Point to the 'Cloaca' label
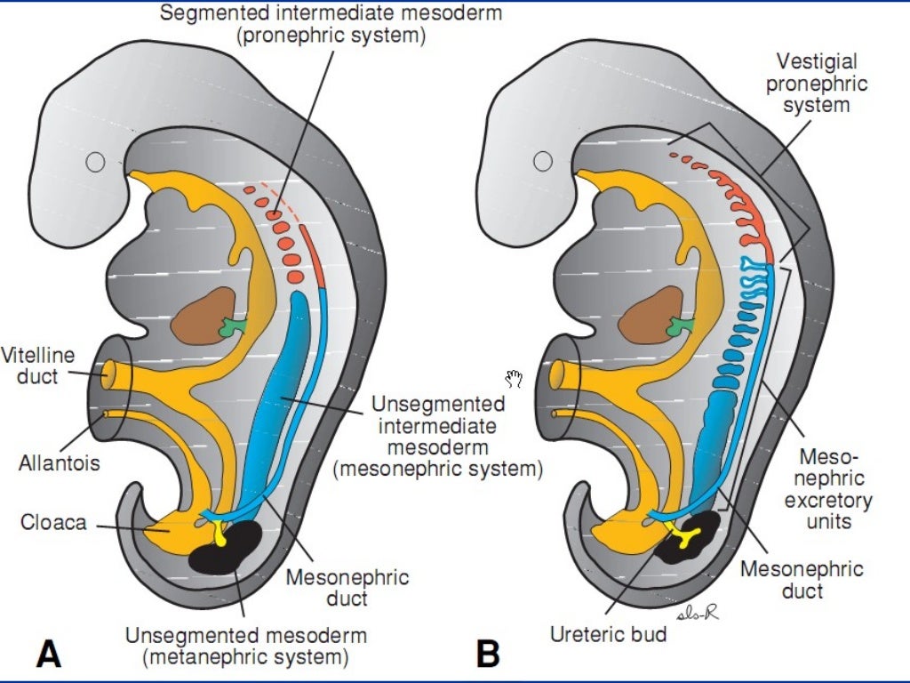[x=53, y=522]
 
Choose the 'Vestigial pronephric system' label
[x=816, y=84]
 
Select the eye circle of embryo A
[x=95, y=162]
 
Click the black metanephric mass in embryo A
[x=227, y=544]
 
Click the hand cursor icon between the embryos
[x=514, y=380]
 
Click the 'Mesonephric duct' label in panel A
[x=347, y=588]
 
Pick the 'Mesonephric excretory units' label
[x=827, y=489]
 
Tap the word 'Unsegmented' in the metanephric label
[x=181, y=637]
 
